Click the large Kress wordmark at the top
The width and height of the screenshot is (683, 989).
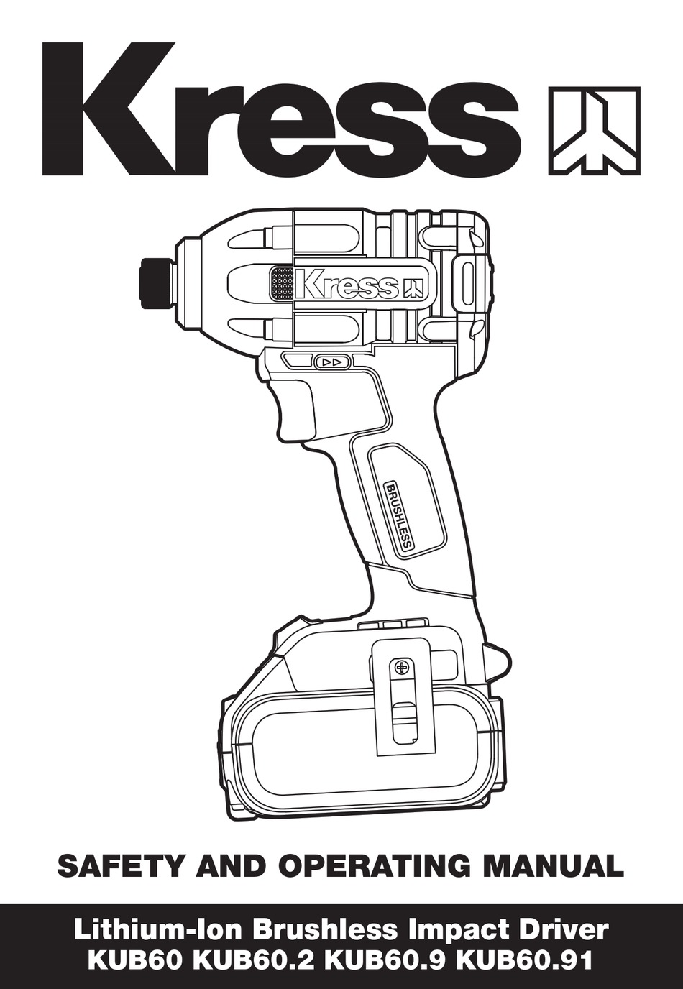pyautogui.click(x=280, y=108)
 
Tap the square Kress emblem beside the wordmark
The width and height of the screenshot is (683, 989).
pyautogui.click(x=594, y=131)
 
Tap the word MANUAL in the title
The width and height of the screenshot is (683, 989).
pyautogui.click(x=552, y=866)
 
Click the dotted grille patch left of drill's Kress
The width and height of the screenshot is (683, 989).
pyautogui.click(x=281, y=285)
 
